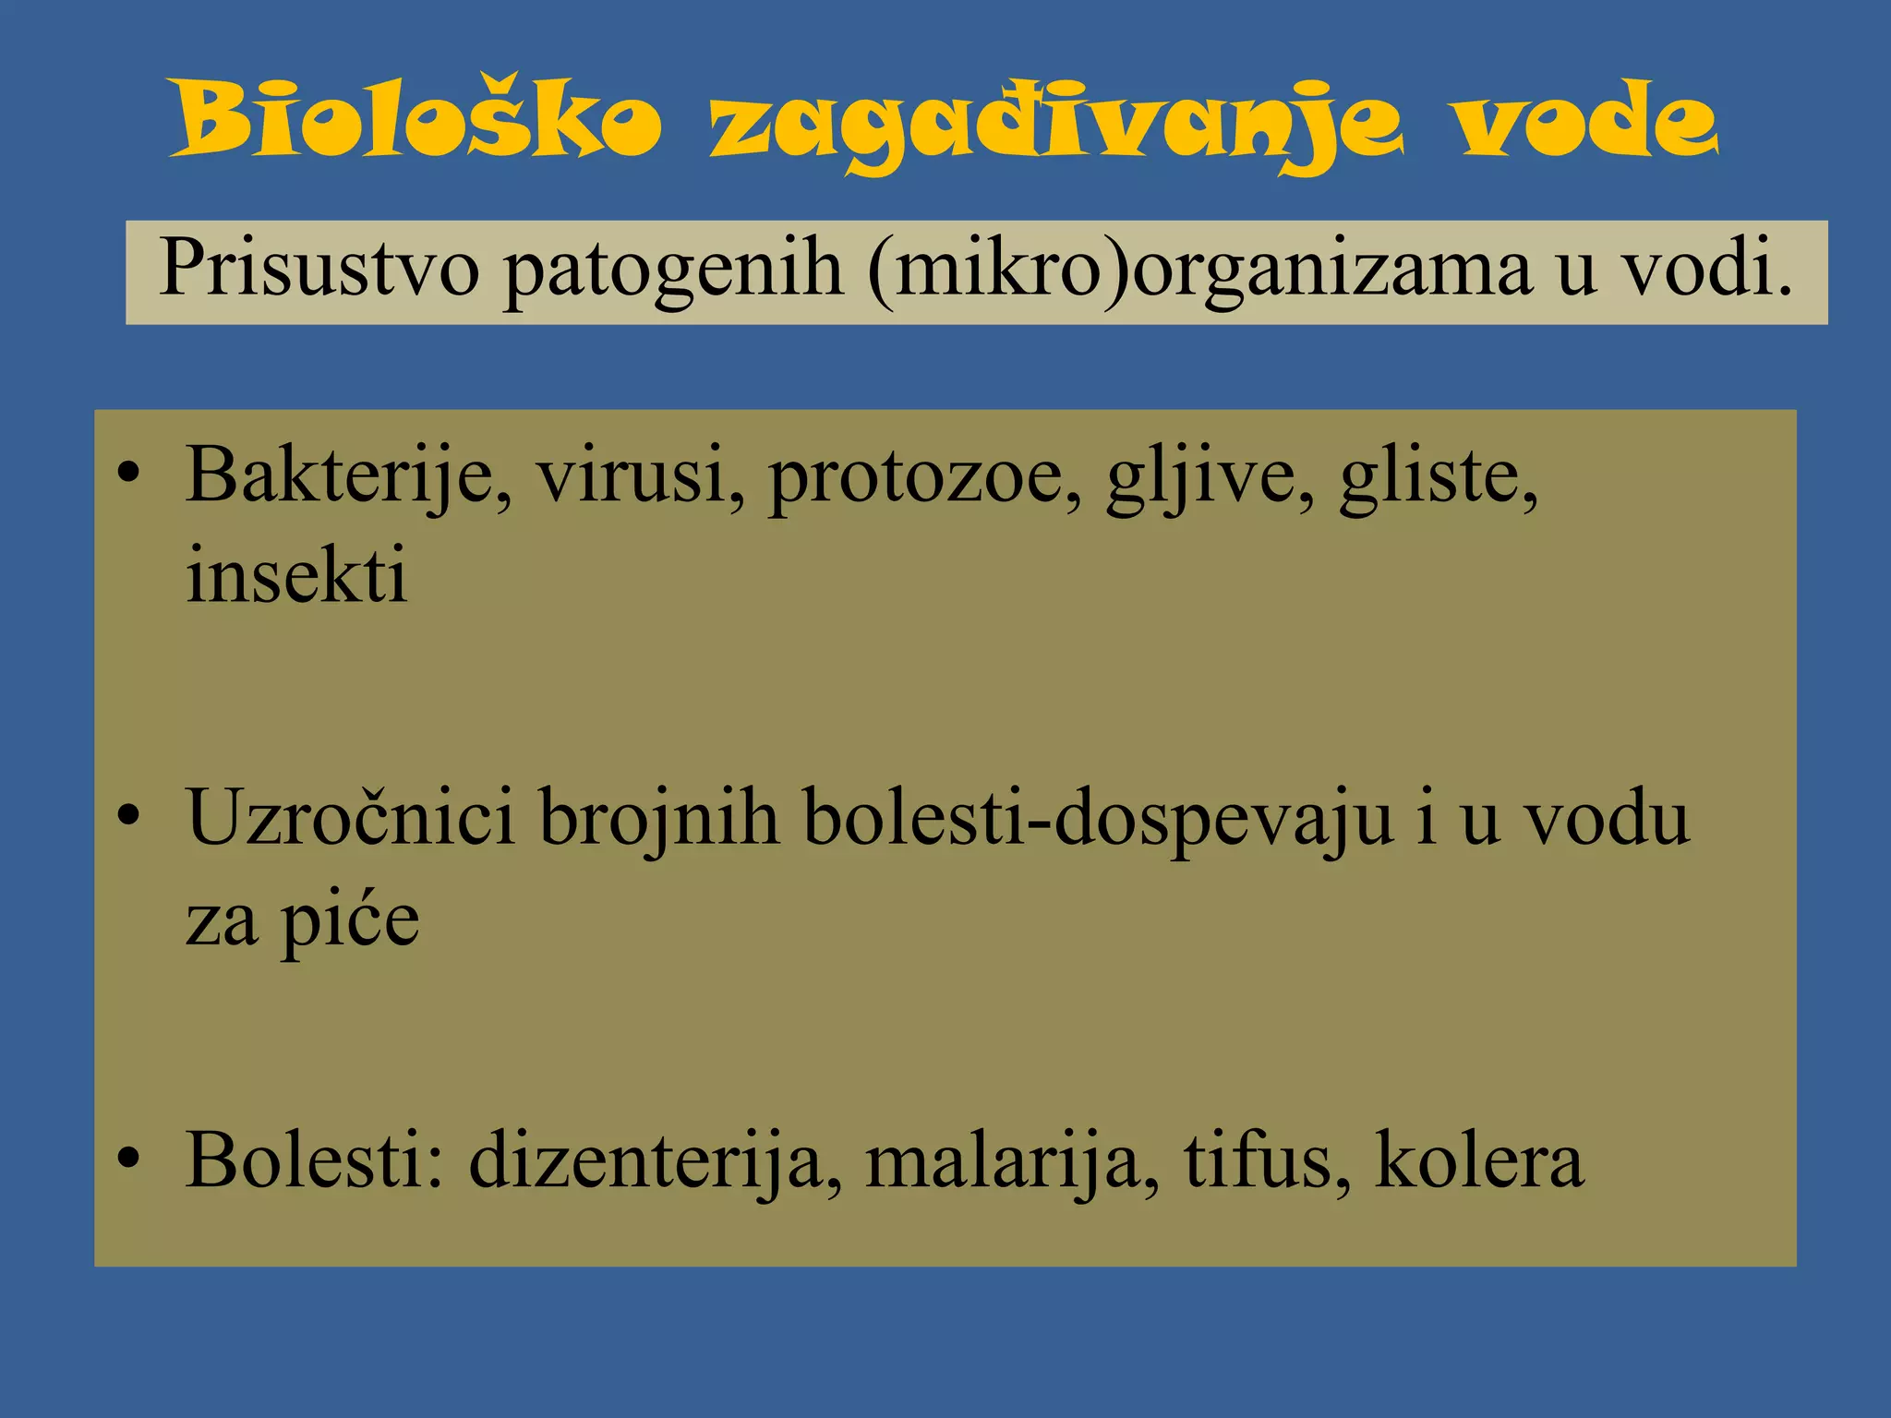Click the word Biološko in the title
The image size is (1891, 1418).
coord(416,121)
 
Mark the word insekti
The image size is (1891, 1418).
coord(296,575)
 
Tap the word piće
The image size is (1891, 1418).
coord(351,921)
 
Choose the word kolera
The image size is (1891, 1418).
coord(1479,1160)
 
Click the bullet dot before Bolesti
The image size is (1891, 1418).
coord(129,1160)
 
